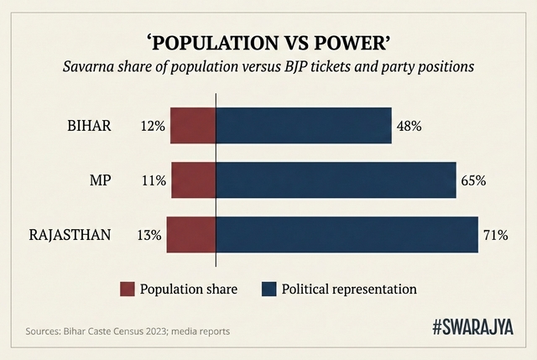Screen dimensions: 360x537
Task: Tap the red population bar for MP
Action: (x=193, y=180)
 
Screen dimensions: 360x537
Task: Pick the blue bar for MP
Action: (x=336, y=180)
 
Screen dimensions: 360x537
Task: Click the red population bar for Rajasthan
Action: (x=191, y=235)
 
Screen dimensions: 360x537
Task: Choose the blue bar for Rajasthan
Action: (x=347, y=235)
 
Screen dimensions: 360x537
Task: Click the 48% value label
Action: (x=409, y=127)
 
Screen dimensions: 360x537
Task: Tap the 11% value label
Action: (x=154, y=180)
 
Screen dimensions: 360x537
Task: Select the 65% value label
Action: (x=473, y=180)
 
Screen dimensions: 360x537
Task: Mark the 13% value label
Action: (x=149, y=236)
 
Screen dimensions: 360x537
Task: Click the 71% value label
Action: (x=495, y=236)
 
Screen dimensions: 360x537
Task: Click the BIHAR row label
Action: (x=89, y=127)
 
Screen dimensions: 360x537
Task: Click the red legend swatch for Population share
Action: (x=127, y=290)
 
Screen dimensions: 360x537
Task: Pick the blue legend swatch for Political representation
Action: (x=269, y=290)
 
